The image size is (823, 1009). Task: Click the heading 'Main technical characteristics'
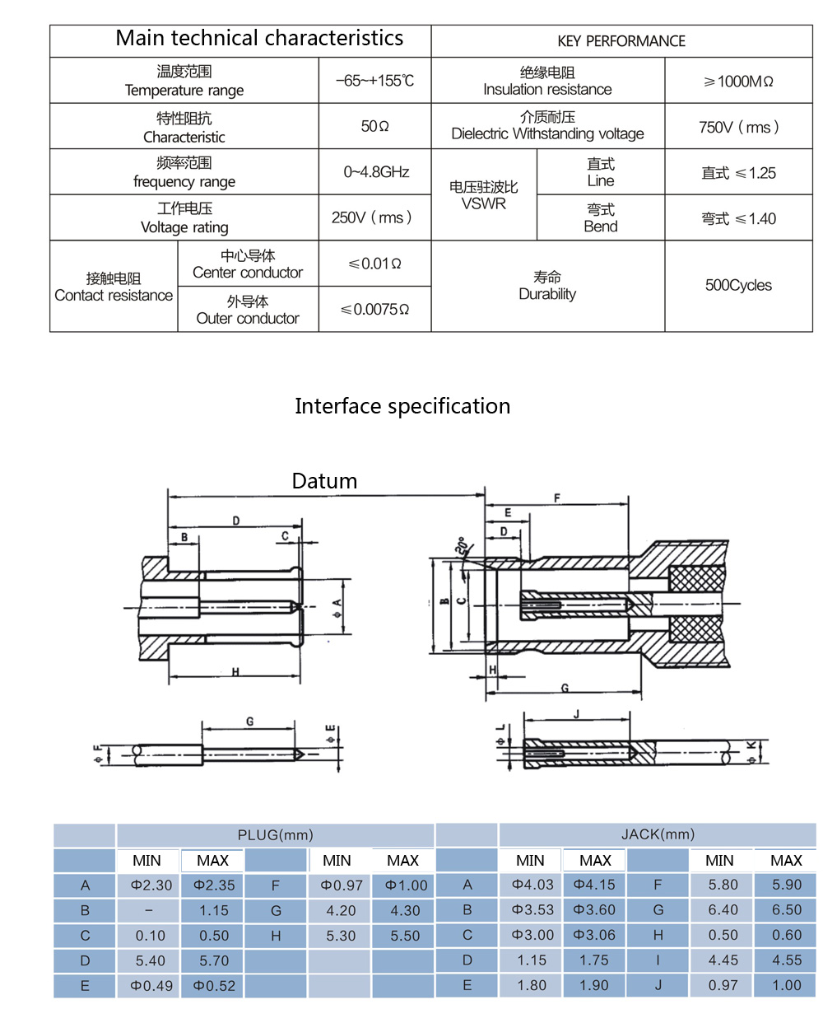[259, 39]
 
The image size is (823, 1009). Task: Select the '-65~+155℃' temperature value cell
[375, 81]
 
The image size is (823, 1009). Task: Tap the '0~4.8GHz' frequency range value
[376, 172]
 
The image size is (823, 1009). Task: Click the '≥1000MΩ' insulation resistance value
[738, 82]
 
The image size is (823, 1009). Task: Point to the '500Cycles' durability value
[738, 286]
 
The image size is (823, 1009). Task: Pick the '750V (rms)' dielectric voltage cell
[738, 127]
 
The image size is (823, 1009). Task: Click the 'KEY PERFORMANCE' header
[621, 41]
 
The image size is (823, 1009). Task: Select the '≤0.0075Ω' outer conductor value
[375, 310]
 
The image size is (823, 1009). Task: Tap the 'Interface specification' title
[402, 406]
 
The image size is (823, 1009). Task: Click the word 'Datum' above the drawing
[324, 481]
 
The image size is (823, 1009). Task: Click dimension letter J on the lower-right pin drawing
[576, 714]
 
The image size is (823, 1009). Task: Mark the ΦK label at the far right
[751, 750]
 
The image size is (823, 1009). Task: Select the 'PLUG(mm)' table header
[275, 835]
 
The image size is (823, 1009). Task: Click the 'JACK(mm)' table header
[658, 834]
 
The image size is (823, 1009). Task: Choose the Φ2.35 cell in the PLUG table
[213, 885]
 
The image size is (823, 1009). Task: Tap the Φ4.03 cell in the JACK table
[530, 885]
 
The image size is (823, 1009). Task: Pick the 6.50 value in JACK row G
[786, 910]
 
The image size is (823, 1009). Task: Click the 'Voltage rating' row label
[184, 218]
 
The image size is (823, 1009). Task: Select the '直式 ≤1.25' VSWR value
[738, 173]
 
